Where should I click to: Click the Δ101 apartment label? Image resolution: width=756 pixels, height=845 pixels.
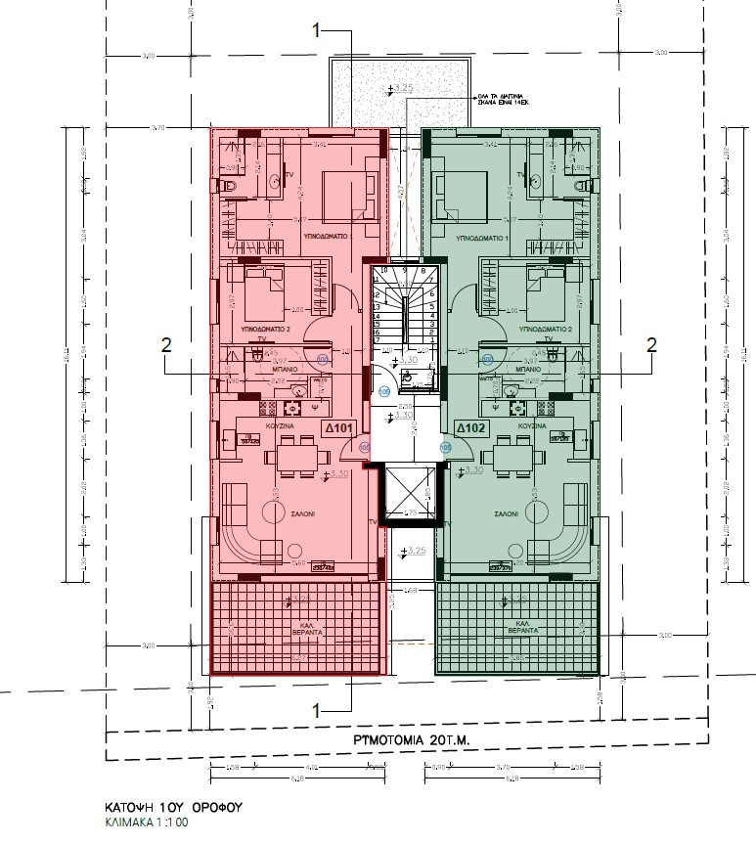(338, 428)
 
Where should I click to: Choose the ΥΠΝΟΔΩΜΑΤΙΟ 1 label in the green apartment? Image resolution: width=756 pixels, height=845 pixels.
(484, 238)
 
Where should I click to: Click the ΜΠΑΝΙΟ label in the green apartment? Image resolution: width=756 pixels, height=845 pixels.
(527, 373)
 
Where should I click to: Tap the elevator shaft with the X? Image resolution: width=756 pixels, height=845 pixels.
(410, 493)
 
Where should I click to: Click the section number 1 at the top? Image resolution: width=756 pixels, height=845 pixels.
(316, 32)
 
